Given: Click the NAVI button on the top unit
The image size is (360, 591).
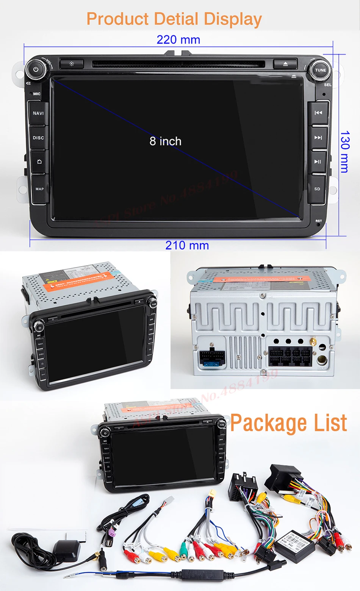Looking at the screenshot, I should (38, 113).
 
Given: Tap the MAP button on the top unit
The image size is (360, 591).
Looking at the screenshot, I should (39, 189).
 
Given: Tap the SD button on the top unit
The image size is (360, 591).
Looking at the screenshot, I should (317, 189).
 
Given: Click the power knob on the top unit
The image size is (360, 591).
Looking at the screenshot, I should (36, 70).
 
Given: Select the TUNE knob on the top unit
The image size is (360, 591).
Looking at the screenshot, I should (320, 70).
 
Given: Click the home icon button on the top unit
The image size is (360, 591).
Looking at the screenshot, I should (39, 162).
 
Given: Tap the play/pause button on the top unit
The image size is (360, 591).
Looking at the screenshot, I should (318, 162).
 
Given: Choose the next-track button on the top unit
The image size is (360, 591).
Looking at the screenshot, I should (318, 138).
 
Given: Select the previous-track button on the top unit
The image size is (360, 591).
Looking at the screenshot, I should (318, 113).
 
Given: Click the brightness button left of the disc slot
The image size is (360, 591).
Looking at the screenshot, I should (71, 64).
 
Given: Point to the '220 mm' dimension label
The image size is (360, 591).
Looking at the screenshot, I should (178, 39).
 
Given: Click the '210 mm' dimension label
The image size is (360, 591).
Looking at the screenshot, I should (187, 245).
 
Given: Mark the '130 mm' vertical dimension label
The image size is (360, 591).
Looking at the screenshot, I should (344, 152).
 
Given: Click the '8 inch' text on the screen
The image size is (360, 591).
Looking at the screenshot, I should (165, 141).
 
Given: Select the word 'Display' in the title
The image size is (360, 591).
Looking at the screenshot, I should (233, 19).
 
